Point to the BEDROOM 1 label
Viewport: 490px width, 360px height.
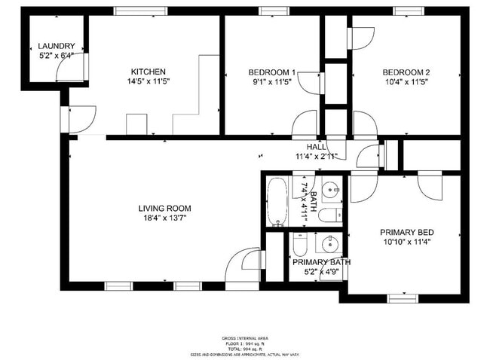click(x=272, y=72)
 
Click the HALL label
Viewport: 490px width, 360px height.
click(x=316, y=147)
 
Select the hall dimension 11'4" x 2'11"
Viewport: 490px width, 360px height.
click(x=316, y=157)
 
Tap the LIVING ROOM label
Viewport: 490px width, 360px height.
click(x=164, y=209)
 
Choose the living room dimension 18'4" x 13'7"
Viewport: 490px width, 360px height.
click(x=164, y=218)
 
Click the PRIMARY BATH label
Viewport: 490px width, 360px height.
click(x=322, y=262)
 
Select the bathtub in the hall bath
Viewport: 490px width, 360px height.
click(x=277, y=202)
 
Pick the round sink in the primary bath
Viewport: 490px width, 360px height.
click(x=329, y=243)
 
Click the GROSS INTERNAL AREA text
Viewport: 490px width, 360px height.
click(x=244, y=338)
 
